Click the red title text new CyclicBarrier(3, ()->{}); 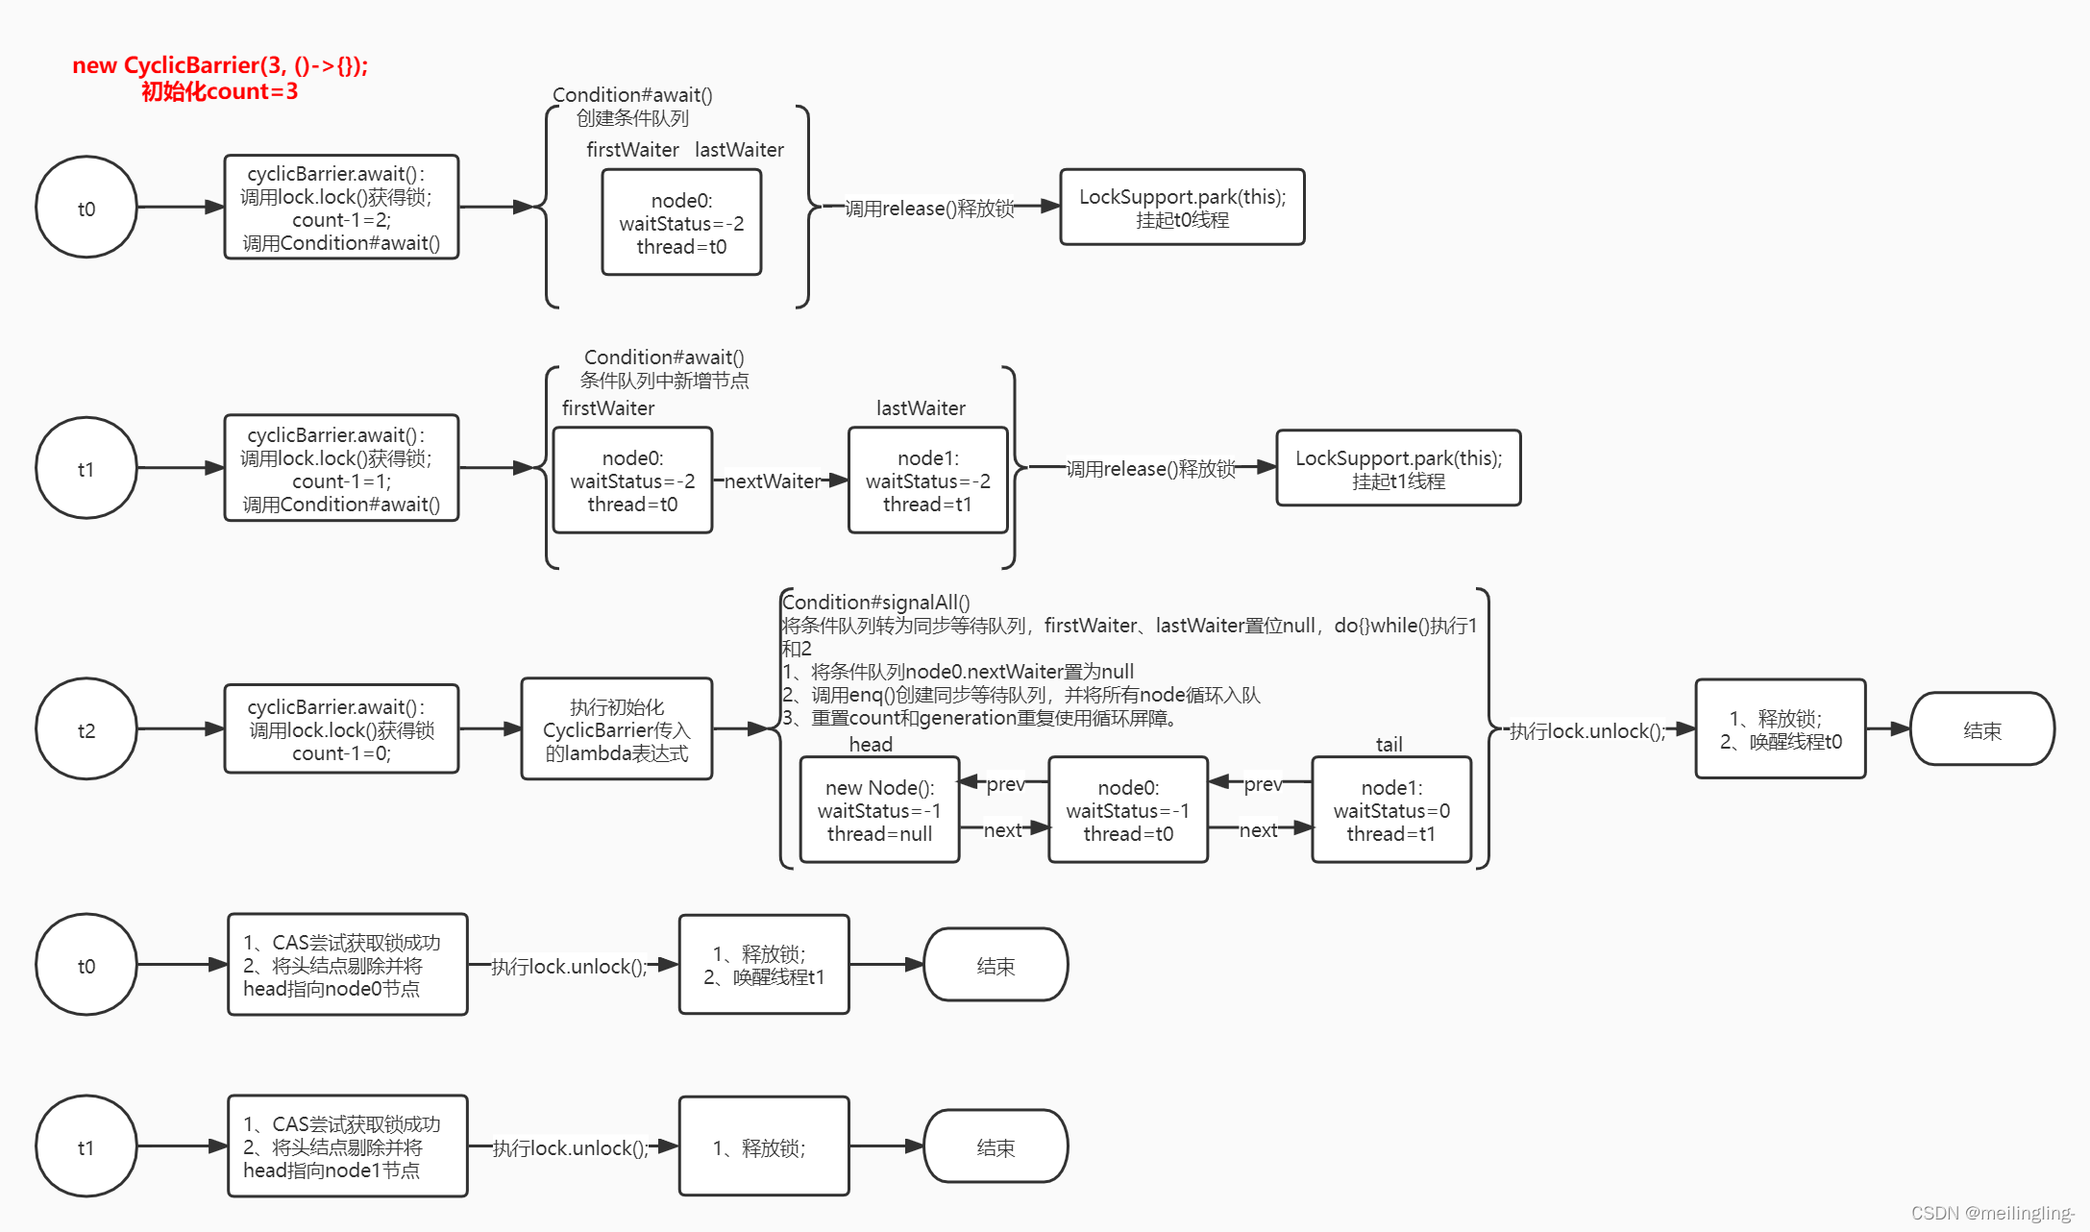tap(220, 65)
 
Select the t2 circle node tap(86, 729)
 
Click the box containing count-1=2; tap(341, 208)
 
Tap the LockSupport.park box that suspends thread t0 tap(1182, 208)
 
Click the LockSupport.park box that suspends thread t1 tap(1398, 469)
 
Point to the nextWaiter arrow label tap(773, 480)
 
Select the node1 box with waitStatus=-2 tap(927, 480)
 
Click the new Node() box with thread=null tap(879, 810)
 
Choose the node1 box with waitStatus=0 tap(1390, 810)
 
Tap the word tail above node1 tap(1389, 744)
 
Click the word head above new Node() tap(871, 744)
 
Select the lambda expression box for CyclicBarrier tap(616, 729)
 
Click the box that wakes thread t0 tap(1780, 729)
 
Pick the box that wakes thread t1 tap(763, 965)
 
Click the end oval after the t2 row tap(1981, 730)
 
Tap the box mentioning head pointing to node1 tap(347, 1146)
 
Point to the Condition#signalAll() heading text tap(875, 603)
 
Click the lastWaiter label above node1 tap(921, 408)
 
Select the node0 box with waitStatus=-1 tap(1127, 810)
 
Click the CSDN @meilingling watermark tap(1992, 1213)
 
